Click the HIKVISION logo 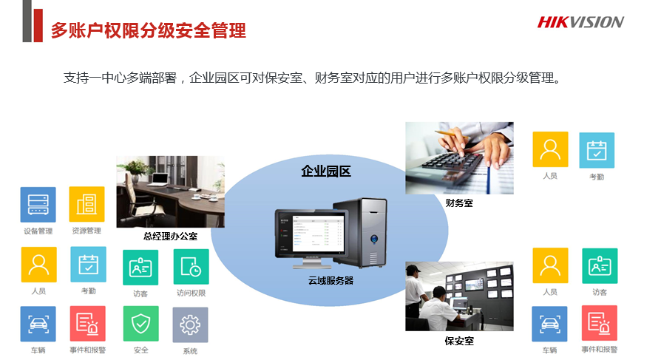click(580, 22)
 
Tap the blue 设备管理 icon click(38, 205)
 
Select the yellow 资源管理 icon click(87, 204)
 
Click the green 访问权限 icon click(191, 267)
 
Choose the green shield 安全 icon click(140, 323)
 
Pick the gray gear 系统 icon click(190, 325)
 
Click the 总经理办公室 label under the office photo click(170, 237)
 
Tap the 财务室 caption click(459, 203)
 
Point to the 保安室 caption click(459, 341)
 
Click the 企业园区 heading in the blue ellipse click(326, 171)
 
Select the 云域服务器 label click(330, 281)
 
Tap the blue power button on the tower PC click(374, 240)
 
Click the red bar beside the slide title click(38, 25)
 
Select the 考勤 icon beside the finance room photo click(597, 150)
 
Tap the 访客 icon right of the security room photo click(600, 266)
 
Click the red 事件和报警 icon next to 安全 click(87, 323)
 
